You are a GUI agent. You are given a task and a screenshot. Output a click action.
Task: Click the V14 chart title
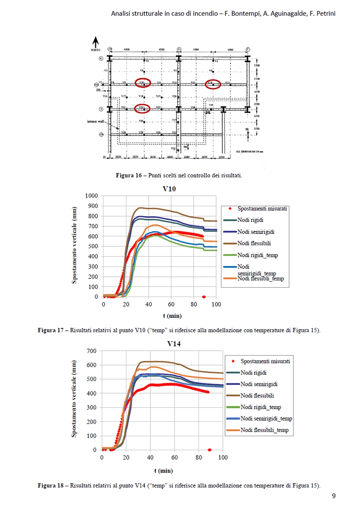tap(174, 344)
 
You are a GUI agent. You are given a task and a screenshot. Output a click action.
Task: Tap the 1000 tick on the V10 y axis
tap(91, 196)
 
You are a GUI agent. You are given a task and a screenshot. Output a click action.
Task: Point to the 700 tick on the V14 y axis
tap(92, 351)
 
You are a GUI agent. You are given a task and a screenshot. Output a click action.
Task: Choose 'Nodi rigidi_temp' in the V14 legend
tap(261, 407)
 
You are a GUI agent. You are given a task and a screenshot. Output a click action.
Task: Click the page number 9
tap(334, 496)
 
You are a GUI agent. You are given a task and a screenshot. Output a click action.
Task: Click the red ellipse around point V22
tap(142, 108)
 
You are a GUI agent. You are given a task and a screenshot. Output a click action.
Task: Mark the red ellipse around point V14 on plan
tap(213, 84)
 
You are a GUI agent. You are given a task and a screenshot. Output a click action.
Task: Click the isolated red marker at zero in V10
tap(204, 297)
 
